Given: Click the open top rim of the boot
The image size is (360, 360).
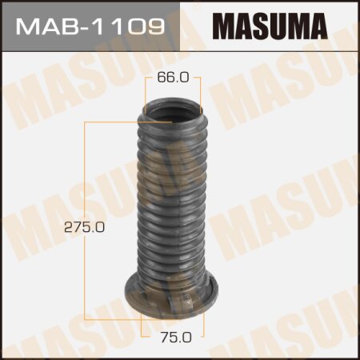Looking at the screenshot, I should [x=170, y=109].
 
